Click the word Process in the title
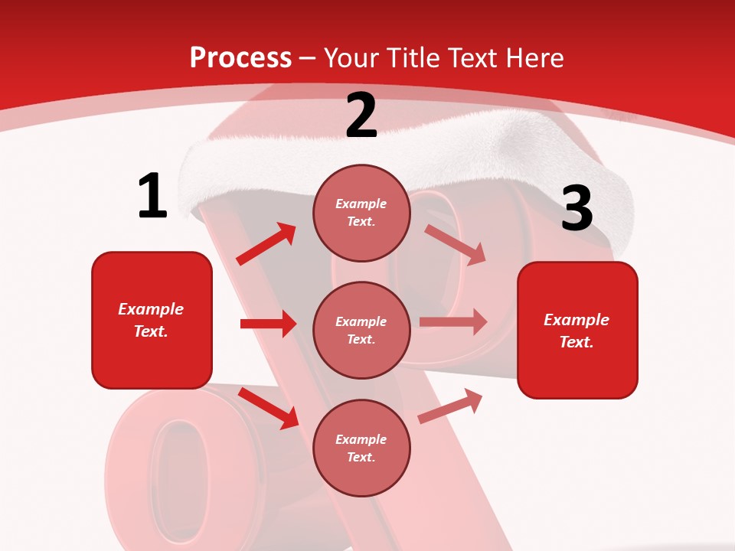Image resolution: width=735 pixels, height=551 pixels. pos(240,58)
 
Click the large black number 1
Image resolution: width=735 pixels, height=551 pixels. pos(152,197)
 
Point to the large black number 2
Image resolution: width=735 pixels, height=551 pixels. pos(361,116)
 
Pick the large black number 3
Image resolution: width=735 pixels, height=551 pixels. pos(577,208)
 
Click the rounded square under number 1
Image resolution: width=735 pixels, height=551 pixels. pos(152,320)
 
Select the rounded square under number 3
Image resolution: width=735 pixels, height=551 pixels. pos(577,330)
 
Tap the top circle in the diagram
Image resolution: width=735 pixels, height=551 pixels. pos(361,213)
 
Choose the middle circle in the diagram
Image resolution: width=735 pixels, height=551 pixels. pos(361,330)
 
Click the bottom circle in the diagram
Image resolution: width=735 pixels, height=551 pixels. pos(361,448)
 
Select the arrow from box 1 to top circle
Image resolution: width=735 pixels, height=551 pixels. pos(266,243)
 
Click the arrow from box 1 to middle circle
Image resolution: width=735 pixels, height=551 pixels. pos(268,324)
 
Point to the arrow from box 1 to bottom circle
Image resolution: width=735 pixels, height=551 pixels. pos(269,408)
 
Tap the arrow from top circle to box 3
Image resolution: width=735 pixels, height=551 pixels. pos(456,244)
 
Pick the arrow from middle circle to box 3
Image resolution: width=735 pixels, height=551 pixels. pos(453,322)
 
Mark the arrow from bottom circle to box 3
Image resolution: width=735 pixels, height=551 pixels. pos(450,406)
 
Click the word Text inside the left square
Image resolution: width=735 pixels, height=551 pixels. pos(150,331)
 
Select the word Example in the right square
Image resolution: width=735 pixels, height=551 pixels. pos(577,320)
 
